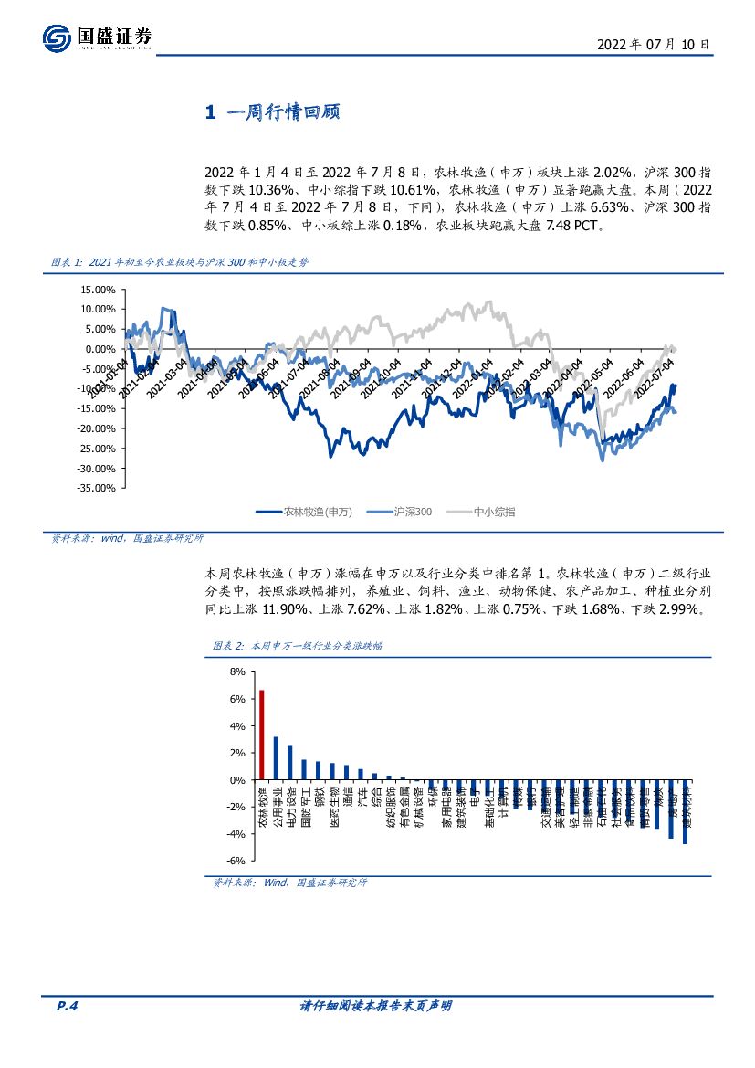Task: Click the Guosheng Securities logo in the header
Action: [x=97, y=37]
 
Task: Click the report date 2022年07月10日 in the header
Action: [x=652, y=44]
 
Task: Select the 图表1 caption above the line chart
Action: [x=179, y=262]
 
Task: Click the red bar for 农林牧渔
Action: [x=262, y=735]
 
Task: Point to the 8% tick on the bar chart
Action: [x=238, y=671]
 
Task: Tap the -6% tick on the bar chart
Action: [x=236, y=861]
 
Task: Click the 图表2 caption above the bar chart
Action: [x=298, y=646]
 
